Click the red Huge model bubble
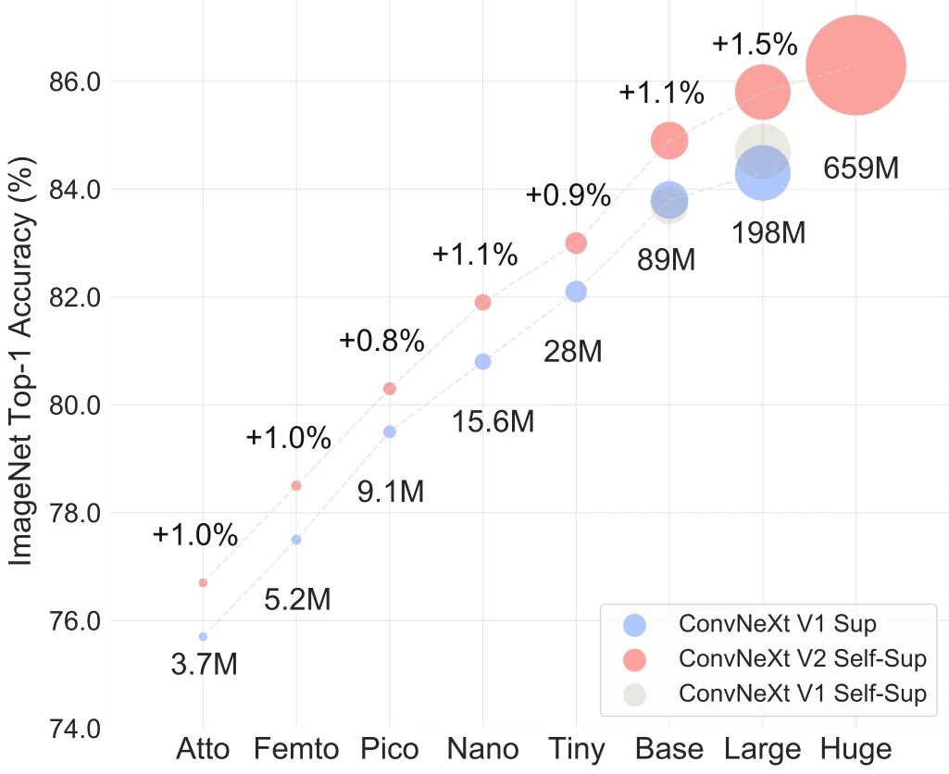855,65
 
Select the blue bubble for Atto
203,637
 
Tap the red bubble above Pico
390,388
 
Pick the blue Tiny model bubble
576,291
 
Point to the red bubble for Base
669,141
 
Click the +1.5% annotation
755,44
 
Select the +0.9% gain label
568,194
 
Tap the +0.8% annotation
381,341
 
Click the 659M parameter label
861,169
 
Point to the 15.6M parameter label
493,422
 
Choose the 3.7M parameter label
205,665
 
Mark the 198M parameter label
768,232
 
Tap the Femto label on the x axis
296,749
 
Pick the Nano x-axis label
482,749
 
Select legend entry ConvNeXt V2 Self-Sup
802,658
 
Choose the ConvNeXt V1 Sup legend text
778,623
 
